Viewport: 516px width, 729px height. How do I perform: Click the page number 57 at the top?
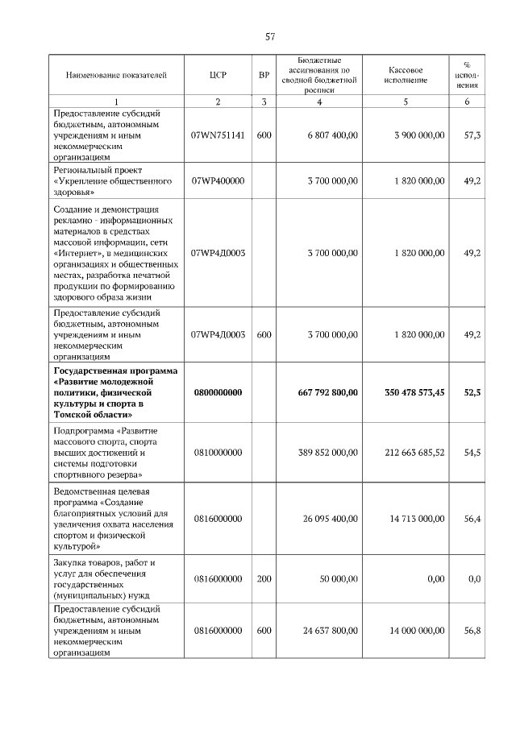click(x=271, y=36)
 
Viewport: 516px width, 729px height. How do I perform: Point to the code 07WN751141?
click(x=217, y=135)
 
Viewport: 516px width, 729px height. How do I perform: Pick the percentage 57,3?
click(x=472, y=135)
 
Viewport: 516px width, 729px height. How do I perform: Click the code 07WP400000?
click(x=217, y=181)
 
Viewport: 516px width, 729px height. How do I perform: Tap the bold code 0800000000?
click(x=217, y=392)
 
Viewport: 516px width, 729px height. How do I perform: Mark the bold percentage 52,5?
click(x=472, y=392)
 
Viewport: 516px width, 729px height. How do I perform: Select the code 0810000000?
click(x=217, y=453)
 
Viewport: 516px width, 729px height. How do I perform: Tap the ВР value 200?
click(x=264, y=578)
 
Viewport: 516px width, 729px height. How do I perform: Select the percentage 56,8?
click(x=472, y=631)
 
